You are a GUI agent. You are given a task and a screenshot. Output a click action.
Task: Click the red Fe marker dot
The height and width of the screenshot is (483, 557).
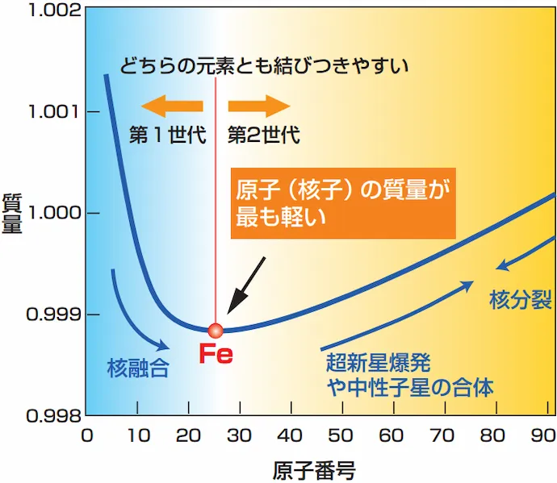tap(215, 330)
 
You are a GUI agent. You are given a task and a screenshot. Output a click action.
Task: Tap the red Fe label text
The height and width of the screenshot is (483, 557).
tap(216, 356)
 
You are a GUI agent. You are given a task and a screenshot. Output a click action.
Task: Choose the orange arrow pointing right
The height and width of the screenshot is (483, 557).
tap(258, 106)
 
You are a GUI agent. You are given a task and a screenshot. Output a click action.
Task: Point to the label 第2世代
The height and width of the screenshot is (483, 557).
tap(264, 135)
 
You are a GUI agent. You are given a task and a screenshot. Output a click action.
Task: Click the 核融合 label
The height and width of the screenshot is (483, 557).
tap(138, 368)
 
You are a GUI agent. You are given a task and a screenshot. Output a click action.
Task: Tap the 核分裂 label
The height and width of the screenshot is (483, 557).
tap(521, 302)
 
